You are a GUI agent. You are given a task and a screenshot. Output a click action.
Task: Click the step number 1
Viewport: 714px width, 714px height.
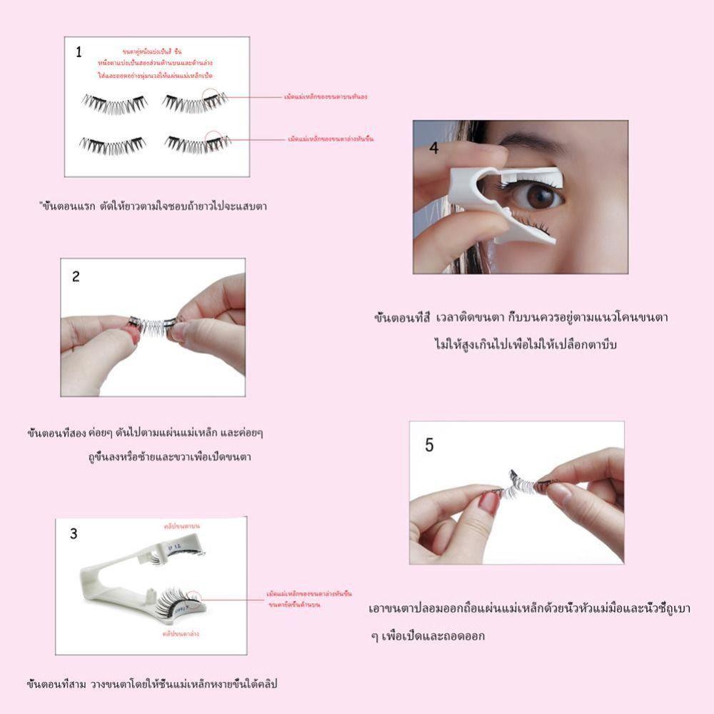click(79, 51)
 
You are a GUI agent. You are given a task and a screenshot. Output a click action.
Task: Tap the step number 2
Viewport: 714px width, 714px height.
click(76, 277)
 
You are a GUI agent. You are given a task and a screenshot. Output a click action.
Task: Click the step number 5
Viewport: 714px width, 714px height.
click(429, 445)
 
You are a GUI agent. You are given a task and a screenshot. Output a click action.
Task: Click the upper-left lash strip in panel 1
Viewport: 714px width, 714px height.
click(114, 104)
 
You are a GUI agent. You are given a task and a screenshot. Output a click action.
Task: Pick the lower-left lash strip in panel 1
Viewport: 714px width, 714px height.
click(113, 145)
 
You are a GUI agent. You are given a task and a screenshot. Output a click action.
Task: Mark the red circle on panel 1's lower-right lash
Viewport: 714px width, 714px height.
click(214, 139)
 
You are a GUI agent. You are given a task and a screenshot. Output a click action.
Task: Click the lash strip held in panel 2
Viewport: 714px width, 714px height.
click(152, 325)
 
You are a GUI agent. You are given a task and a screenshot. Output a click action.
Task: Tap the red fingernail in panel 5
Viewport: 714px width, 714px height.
click(488, 503)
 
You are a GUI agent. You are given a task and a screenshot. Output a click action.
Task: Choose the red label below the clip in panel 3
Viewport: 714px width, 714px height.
click(181, 633)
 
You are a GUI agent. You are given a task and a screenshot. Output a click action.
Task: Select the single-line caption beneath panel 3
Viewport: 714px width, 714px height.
click(151, 684)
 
